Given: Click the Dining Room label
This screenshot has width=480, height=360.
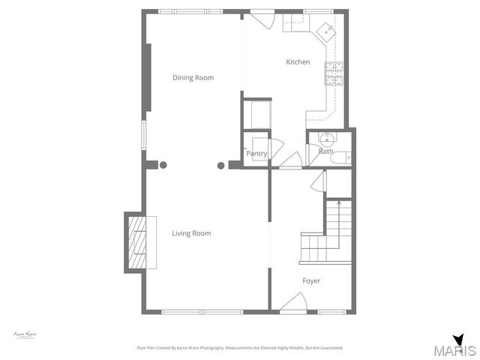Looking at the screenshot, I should pyautogui.click(x=193, y=78).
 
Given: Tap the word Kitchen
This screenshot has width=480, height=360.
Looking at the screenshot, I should pyautogui.click(x=298, y=62).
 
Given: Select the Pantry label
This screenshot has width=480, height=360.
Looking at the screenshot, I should pyautogui.click(x=256, y=153).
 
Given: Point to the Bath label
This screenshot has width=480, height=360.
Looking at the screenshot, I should pyautogui.click(x=326, y=151).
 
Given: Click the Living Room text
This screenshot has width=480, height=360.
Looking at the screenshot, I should pyautogui.click(x=191, y=233).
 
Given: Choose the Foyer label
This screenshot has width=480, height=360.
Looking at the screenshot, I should pyautogui.click(x=311, y=281).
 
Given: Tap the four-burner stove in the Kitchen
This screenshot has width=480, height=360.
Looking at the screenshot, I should pyautogui.click(x=334, y=72).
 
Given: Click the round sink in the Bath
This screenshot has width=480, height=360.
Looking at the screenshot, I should pyautogui.click(x=326, y=138).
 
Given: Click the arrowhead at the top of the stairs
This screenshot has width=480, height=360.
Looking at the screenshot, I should pyautogui.click(x=339, y=202).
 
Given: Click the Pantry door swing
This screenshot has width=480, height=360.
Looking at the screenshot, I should pyautogui.click(x=275, y=148).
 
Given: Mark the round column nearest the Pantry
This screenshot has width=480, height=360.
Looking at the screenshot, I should pyautogui.click(x=221, y=165).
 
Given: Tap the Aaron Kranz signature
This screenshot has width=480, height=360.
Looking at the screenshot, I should pyautogui.click(x=25, y=334).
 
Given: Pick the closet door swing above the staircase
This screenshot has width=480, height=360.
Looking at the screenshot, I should pyautogui.click(x=318, y=181).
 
